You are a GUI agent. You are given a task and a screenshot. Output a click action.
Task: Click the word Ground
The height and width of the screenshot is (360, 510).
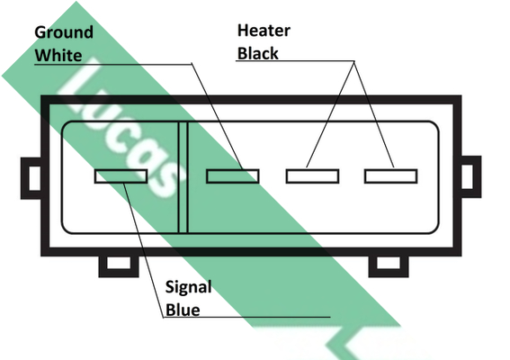[x=64, y=33]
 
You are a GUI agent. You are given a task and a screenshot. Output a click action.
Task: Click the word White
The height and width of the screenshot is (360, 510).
[x=58, y=55]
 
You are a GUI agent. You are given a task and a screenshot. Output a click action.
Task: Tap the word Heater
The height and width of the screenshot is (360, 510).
[x=264, y=31]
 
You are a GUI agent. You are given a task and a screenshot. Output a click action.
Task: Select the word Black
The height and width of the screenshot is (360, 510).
[x=258, y=53]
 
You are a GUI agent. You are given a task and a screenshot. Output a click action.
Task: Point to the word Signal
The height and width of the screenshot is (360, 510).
[x=189, y=288]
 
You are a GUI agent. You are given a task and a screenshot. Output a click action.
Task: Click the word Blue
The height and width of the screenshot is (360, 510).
[x=183, y=310]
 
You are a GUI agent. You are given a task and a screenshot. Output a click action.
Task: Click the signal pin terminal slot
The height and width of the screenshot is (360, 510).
[x=121, y=176]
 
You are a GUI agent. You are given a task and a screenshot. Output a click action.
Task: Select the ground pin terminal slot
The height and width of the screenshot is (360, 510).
[x=233, y=176]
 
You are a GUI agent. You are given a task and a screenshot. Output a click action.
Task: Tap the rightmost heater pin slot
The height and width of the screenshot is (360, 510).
[x=391, y=176]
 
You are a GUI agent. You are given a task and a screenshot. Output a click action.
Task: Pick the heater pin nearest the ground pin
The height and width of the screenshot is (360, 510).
[x=313, y=176]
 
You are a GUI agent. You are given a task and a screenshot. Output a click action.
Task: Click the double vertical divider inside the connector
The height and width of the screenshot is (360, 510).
[x=183, y=177]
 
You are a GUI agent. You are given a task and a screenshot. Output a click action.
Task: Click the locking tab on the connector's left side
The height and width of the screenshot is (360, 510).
[x=31, y=178]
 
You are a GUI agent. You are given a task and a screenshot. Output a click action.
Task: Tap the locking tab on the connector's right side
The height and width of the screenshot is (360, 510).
[x=471, y=177]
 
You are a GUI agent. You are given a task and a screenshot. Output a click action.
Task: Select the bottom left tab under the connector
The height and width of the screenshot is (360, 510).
[x=119, y=265]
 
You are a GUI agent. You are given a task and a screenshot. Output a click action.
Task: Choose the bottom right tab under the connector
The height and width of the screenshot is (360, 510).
[x=389, y=265]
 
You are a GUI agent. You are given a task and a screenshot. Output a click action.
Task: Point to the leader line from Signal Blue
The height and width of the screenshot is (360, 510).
[x=143, y=250]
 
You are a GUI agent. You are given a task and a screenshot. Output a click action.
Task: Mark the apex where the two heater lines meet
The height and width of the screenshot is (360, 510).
[x=354, y=61]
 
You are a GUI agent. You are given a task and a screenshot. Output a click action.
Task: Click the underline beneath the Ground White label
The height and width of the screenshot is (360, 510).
[x=113, y=64]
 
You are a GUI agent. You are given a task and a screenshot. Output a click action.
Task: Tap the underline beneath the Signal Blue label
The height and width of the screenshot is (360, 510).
[x=246, y=317]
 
